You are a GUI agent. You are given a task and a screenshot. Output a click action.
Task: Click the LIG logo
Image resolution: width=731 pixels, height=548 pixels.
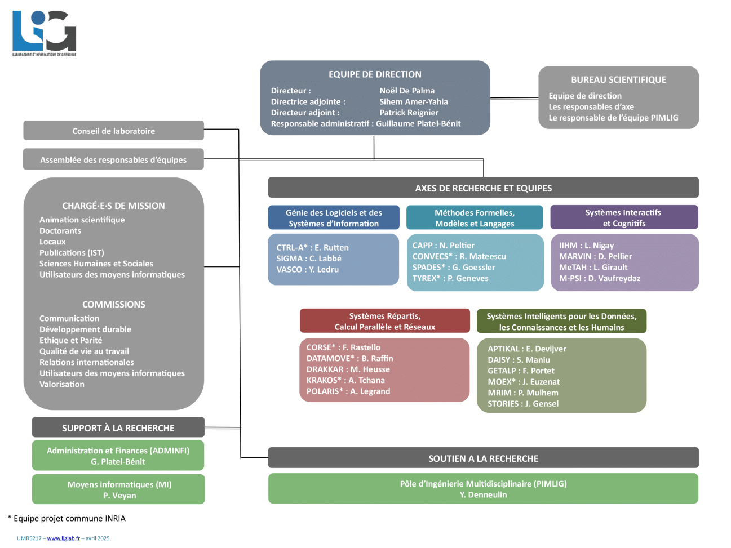tap(44, 33)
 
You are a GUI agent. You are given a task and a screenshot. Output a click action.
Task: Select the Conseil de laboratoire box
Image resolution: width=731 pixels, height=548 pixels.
tap(113, 131)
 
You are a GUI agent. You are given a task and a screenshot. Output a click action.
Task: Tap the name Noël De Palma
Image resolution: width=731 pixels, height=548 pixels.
tap(407, 91)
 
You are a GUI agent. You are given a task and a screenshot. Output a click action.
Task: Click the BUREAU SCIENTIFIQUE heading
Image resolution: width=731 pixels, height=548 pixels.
tap(618, 80)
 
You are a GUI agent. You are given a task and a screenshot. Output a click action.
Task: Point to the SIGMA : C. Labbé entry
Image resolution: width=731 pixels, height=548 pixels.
tap(309, 259)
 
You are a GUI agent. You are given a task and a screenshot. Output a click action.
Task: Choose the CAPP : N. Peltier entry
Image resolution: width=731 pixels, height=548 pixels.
tap(444, 246)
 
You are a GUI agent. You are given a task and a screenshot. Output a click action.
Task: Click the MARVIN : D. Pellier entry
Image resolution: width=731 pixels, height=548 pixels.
tap(595, 256)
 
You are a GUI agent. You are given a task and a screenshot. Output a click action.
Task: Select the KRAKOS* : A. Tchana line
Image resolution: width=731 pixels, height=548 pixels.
tap(345, 381)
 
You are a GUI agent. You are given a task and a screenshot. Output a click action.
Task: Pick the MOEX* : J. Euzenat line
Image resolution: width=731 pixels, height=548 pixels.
tap(524, 382)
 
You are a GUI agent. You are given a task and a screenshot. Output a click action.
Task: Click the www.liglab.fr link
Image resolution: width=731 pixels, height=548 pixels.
tap(63, 538)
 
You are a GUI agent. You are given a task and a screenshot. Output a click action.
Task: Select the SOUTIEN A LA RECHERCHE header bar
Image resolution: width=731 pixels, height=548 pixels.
tap(483, 458)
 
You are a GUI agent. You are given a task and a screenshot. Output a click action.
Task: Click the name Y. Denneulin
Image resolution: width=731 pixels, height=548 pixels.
tap(483, 495)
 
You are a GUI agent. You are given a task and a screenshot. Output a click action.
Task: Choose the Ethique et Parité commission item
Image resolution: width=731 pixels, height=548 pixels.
tap(70, 341)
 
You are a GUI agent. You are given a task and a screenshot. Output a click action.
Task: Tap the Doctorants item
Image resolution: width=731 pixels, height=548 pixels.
tap(60, 231)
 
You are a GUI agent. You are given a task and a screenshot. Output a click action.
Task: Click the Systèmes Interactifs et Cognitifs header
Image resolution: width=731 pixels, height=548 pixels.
tap(623, 218)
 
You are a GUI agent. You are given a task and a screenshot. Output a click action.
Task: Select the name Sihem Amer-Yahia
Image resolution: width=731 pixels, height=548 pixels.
tap(414, 102)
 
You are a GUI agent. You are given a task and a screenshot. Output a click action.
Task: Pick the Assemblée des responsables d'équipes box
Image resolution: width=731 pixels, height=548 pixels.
tap(113, 159)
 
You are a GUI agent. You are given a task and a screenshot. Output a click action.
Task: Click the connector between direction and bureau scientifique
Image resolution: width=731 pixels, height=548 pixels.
tap(514, 98)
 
